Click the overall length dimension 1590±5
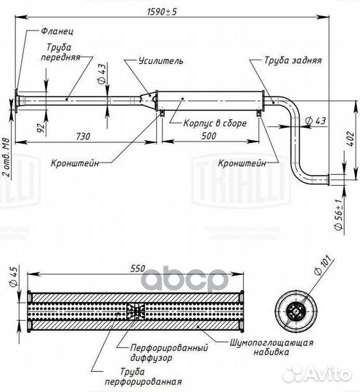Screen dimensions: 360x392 (162, 12)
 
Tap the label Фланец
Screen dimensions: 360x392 (57, 31)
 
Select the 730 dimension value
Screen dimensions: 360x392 (83, 136)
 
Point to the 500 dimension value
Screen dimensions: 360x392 (209, 136)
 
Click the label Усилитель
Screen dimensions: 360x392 (160, 61)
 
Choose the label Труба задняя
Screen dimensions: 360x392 (292, 60)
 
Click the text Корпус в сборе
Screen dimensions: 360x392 (215, 123)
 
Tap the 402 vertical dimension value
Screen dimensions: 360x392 (351, 139)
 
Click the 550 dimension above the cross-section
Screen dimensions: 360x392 (138, 269)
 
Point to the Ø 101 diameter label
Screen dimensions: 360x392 (324, 266)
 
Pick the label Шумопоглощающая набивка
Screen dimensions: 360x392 (271, 347)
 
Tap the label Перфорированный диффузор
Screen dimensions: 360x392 (169, 353)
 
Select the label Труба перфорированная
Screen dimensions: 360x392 (143, 377)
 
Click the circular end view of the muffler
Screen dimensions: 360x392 (296, 311)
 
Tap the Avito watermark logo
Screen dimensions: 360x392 (319, 375)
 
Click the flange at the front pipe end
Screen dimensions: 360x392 (17, 100)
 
